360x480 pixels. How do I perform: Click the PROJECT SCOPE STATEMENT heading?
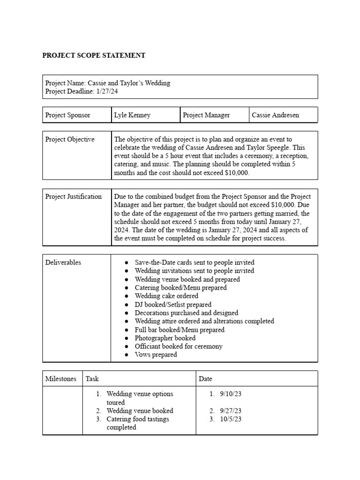(94, 55)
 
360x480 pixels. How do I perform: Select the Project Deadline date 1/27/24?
(107, 91)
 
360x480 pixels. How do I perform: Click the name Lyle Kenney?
(132, 115)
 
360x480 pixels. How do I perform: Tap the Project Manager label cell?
(206, 115)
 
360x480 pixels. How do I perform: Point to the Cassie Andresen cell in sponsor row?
(275, 115)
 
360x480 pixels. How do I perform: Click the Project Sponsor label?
(67, 115)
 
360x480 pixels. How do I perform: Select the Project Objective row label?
(69, 139)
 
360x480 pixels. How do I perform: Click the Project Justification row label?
(73, 196)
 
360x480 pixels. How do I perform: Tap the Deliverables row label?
(63, 262)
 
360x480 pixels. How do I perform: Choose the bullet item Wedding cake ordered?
(166, 296)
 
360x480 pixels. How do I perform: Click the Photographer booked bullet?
(165, 338)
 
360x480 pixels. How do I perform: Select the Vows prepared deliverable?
(156, 355)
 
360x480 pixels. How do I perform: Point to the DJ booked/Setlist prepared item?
(173, 305)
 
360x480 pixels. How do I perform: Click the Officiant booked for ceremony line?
(179, 346)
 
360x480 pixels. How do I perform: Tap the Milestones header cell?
(60, 379)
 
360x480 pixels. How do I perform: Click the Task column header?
(92, 379)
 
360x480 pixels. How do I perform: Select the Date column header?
(205, 379)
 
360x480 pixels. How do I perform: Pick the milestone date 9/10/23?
(231, 394)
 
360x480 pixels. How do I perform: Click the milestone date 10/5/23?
(231, 419)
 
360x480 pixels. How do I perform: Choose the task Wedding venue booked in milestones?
(140, 411)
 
